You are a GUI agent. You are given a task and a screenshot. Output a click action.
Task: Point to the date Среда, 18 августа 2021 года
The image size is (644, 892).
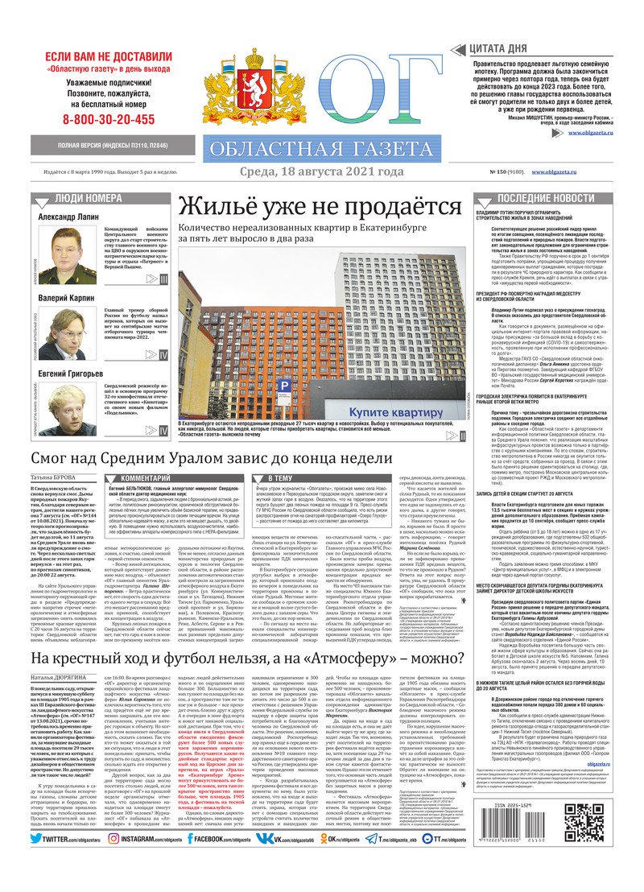point(321,171)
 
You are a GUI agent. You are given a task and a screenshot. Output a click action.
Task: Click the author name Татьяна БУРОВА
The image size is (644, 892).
point(53,477)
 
